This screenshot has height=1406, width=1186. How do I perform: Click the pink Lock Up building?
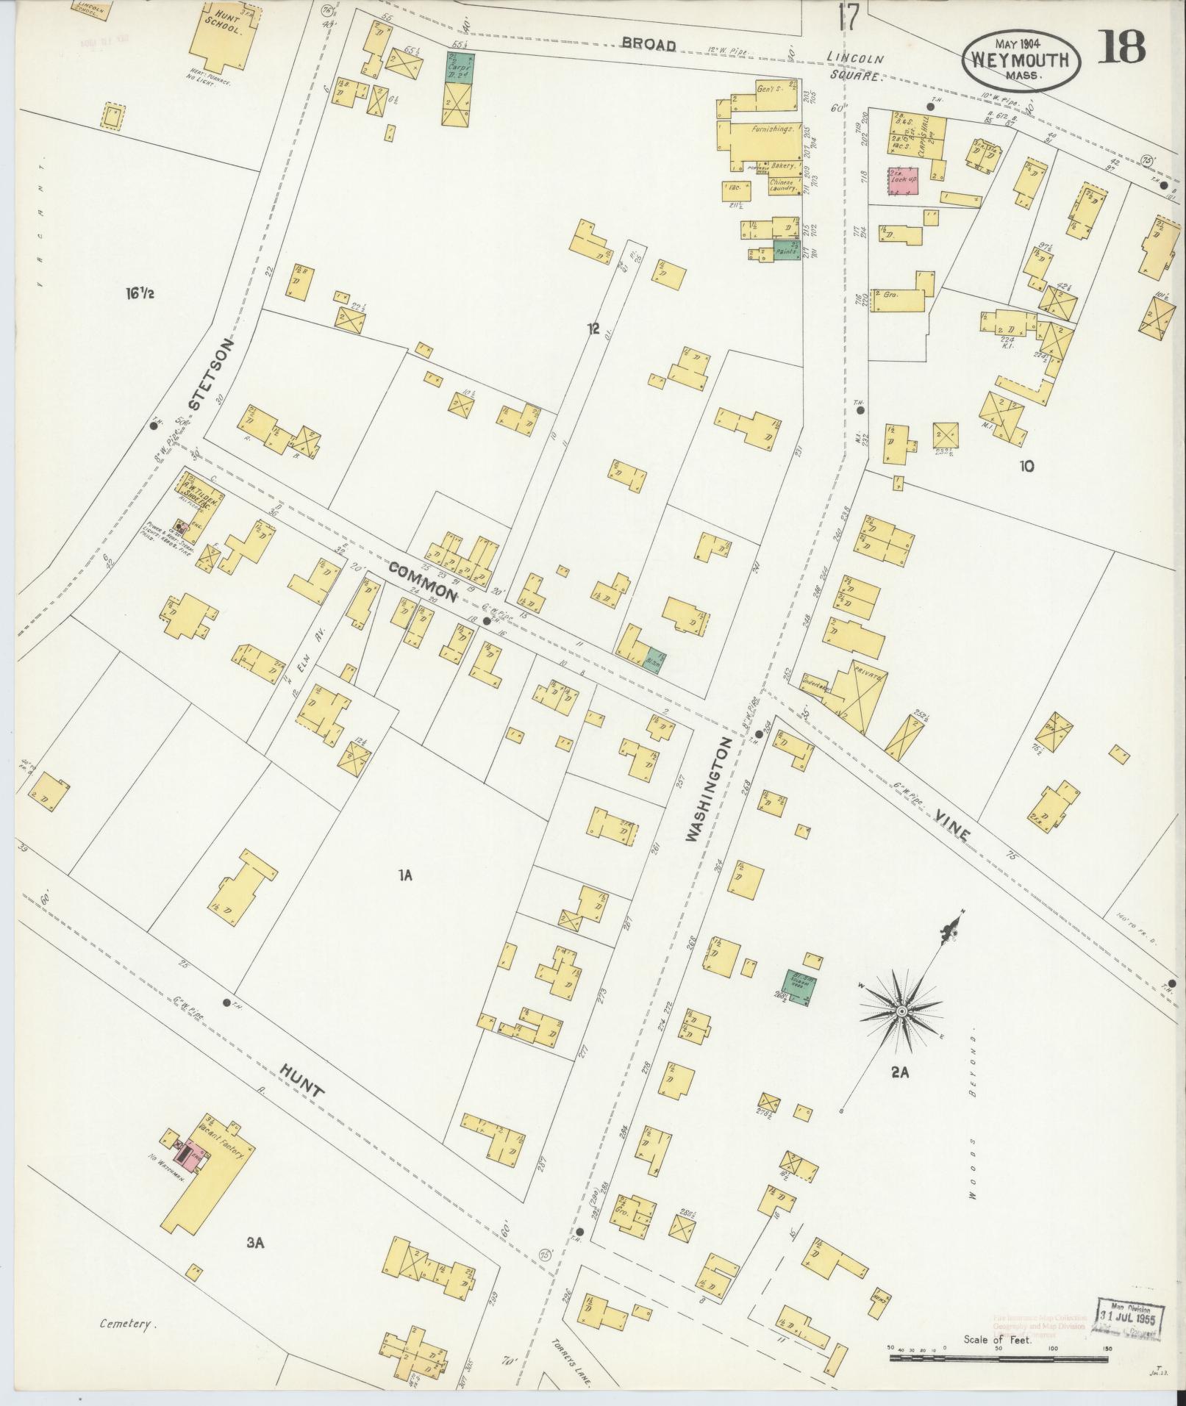coord(903,180)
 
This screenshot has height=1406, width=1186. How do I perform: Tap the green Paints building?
coord(786,251)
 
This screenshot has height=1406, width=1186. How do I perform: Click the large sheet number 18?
coord(1123,48)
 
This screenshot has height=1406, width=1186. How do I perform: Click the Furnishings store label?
coord(772,129)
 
